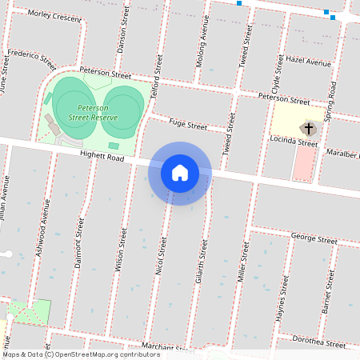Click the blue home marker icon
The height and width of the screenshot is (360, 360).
179,173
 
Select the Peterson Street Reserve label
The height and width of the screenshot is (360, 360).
93,112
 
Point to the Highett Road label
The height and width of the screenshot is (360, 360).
102,158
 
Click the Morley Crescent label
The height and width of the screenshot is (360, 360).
54,15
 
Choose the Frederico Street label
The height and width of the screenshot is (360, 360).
31,60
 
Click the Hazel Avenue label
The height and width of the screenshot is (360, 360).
308,62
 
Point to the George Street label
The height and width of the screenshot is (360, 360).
314,238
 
